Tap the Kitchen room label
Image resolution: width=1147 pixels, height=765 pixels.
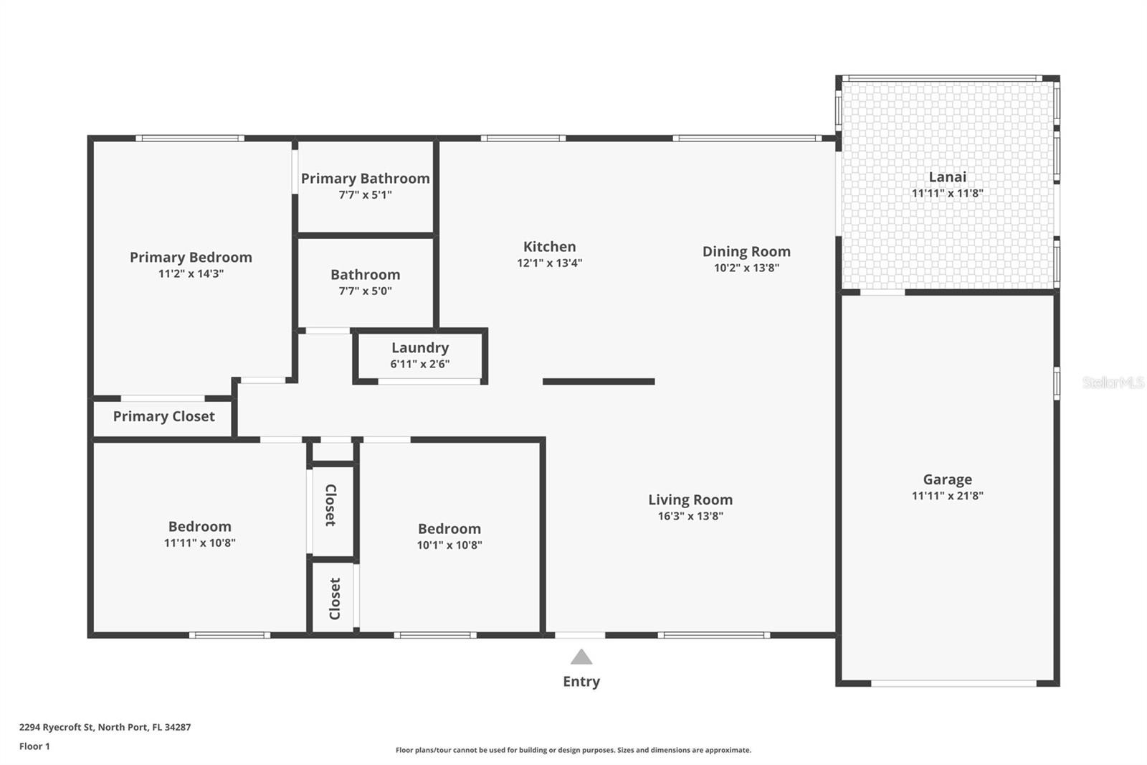tap(549, 247)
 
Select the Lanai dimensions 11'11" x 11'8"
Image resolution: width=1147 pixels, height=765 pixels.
tap(947, 193)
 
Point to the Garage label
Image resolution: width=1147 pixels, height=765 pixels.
tap(947, 479)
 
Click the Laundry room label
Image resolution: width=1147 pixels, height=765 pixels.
tap(420, 347)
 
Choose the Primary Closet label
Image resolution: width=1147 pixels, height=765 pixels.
tap(164, 416)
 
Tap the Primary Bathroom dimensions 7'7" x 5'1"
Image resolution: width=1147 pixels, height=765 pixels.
tap(365, 195)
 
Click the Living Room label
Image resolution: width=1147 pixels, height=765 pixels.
tap(690, 500)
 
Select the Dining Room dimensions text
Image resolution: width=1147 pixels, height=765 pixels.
tap(746, 268)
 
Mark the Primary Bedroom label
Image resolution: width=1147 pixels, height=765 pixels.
tap(191, 258)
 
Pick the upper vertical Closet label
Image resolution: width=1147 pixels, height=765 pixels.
tap(330, 505)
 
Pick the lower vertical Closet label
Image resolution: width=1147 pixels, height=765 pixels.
tap(335, 599)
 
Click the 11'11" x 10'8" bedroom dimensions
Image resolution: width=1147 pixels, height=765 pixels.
tap(200, 543)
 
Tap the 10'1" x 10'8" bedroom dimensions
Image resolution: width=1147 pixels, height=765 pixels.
tap(449, 545)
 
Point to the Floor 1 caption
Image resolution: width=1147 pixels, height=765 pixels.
tap(35, 746)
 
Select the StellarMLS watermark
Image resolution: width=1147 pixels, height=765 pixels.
tap(1113, 382)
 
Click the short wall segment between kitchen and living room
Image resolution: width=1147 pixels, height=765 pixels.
tap(599, 382)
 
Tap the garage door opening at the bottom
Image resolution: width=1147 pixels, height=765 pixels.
tap(953, 683)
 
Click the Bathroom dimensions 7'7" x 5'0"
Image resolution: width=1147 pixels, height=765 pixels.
tap(365, 291)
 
